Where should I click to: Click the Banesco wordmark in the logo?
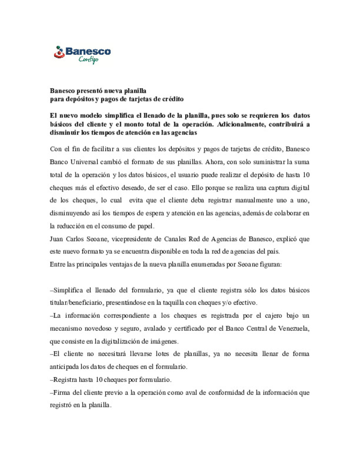coord(88,51)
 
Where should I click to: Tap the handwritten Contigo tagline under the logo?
coord(88,60)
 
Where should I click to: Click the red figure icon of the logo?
coord(59,52)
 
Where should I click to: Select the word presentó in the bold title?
coord(90,91)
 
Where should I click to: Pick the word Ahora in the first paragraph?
coord(214,162)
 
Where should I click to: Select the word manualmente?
coord(255,200)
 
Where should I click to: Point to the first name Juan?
coord(56,239)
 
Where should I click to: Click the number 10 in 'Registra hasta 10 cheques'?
coord(99,380)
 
